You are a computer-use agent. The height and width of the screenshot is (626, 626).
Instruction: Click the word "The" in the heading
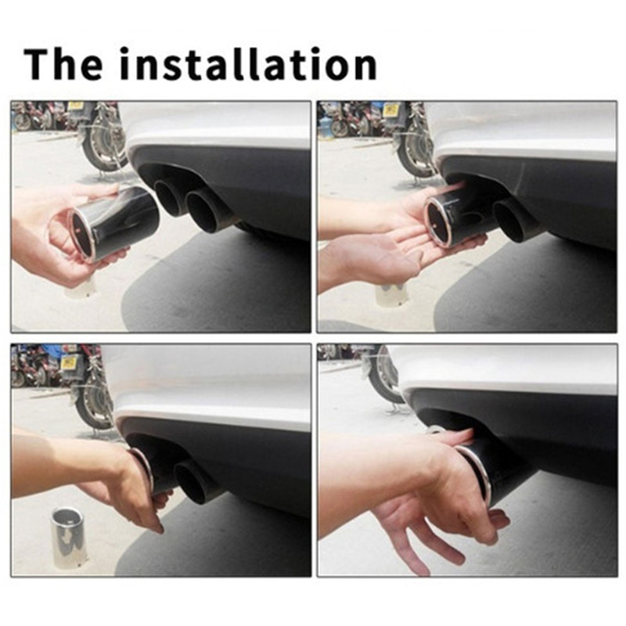click(x=63, y=64)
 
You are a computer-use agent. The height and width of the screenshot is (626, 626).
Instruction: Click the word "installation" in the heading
click(x=248, y=64)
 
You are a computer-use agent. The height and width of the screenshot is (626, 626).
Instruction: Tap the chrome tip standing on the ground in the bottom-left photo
click(x=70, y=537)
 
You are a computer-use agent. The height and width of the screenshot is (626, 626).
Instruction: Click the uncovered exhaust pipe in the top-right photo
click(x=513, y=219)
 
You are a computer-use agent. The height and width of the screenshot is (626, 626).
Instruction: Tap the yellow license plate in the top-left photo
click(x=74, y=106)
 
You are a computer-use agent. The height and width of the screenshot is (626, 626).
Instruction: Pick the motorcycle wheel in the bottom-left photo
click(x=94, y=405)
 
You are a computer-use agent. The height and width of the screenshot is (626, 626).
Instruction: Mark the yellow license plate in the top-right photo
click(x=390, y=110)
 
